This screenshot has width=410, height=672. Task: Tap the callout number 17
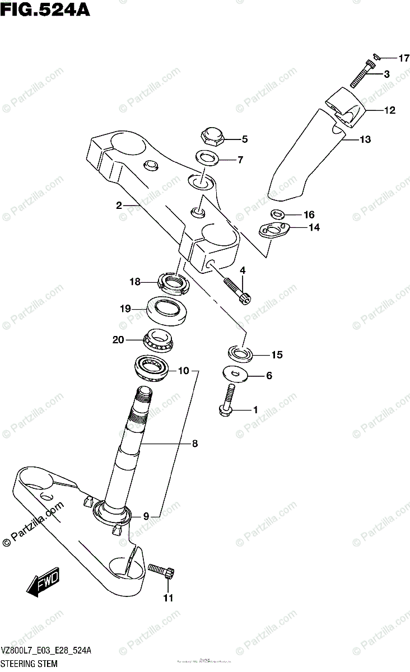pyautogui.click(x=404, y=58)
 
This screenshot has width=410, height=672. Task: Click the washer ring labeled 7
pyautogui.click(x=207, y=157)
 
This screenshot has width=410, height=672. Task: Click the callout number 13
pyautogui.click(x=365, y=139)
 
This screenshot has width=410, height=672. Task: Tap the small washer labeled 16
pyautogui.click(x=277, y=213)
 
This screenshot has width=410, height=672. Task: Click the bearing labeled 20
pyautogui.click(x=159, y=339)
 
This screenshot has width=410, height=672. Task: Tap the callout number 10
pyautogui.click(x=184, y=370)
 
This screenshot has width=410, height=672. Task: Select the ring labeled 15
pyautogui.click(x=240, y=353)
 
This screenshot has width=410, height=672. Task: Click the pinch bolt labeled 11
pyautogui.click(x=162, y=571)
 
